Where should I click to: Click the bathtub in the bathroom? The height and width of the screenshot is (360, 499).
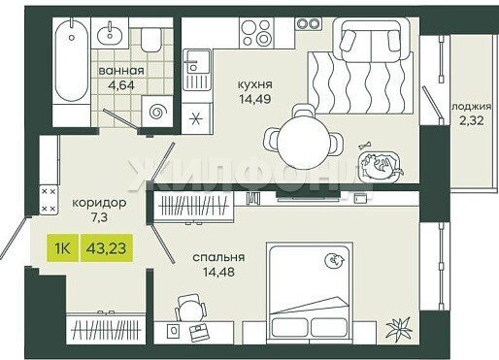click(72, 60)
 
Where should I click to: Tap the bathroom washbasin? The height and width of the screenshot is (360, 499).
click(110, 34)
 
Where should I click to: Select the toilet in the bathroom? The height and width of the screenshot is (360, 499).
click(151, 40)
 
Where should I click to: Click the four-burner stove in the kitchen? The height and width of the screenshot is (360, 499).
click(256, 33)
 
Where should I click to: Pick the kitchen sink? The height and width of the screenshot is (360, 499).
click(197, 70)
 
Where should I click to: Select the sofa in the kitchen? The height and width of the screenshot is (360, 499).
click(372, 40)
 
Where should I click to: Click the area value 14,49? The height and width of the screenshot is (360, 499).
click(255, 99)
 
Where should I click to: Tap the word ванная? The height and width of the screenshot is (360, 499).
click(121, 71)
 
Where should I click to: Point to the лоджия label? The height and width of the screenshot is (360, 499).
click(472, 107)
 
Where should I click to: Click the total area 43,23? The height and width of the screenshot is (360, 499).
click(107, 248)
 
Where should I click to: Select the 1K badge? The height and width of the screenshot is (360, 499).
click(62, 248)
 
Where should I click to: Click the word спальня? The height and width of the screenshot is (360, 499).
click(218, 258)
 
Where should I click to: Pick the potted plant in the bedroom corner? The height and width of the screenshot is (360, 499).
click(400, 328)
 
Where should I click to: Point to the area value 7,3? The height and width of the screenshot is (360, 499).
click(99, 217)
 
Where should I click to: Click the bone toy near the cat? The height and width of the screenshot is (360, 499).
click(365, 146)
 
